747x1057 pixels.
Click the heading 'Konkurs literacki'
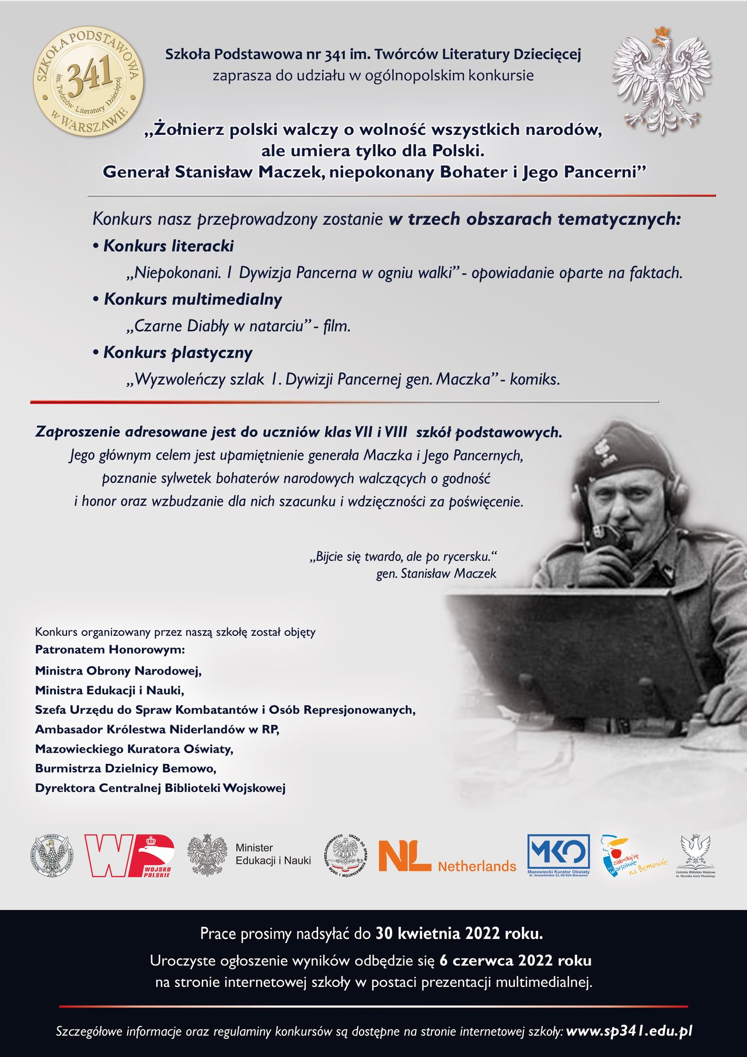point(169,246)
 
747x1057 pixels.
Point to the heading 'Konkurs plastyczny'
point(178,353)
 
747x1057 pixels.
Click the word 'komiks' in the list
point(534,380)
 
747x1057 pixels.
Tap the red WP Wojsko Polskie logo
point(129,856)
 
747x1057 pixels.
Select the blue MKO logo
point(558,855)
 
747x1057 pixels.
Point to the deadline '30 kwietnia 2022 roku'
point(459,934)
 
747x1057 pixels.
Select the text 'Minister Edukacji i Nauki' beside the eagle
point(273,854)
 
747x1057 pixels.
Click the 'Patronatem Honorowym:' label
point(110,649)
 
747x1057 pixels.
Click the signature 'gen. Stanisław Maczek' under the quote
point(436,573)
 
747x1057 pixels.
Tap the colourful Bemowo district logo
point(633,857)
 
